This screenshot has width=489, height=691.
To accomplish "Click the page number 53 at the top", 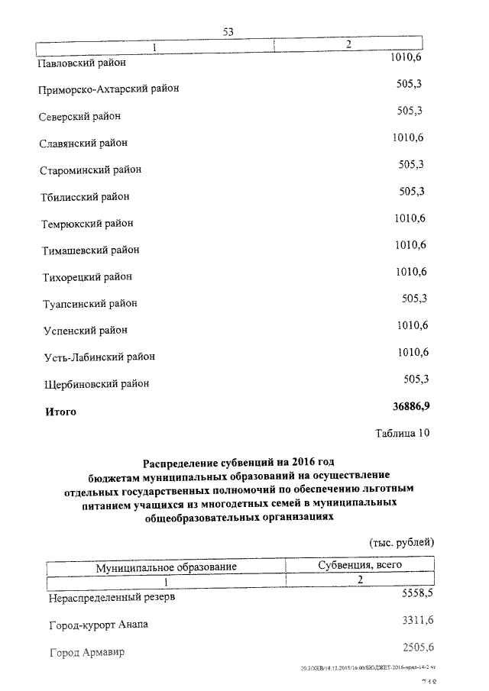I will [228, 31].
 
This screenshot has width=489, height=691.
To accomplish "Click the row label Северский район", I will [80, 116].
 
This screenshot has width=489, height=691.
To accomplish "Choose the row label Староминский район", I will [91, 170].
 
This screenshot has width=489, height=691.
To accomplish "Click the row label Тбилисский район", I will [85, 196].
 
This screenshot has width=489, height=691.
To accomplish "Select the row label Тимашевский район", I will [91, 250].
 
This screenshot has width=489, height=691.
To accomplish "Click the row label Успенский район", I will [85, 331].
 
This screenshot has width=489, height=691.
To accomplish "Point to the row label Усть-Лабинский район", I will [99, 357].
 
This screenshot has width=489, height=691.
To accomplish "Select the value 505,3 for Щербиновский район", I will [416, 379].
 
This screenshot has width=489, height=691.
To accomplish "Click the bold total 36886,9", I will [416, 406].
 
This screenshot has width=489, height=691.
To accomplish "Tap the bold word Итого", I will [60, 412].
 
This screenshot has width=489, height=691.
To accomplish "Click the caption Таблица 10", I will [403, 434].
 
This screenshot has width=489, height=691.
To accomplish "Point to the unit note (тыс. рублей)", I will [402, 542].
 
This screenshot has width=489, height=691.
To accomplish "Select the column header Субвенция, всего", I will [359, 565].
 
